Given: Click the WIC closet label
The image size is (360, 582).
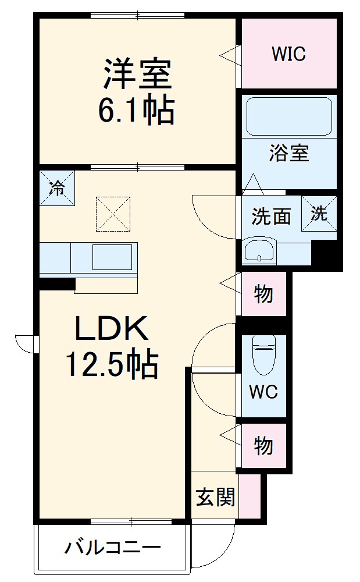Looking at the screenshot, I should (x=288, y=54).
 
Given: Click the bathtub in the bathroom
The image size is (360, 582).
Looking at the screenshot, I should (x=289, y=116).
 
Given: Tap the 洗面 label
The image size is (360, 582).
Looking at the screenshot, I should (x=270, y=217).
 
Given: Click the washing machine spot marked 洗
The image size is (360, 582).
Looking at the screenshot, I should (x=319, y=214).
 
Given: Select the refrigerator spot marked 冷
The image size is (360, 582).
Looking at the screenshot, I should (x=57, y=187).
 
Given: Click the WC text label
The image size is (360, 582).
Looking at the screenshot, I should (x=263, y=392).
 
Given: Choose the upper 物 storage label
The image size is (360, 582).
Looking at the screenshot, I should (x=263, y=294).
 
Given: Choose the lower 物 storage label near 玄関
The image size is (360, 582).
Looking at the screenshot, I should (x=263, y=446).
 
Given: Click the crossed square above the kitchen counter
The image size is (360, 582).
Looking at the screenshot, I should (x=113, y=213).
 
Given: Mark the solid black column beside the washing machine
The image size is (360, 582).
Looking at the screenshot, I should (x=324, y=254).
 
